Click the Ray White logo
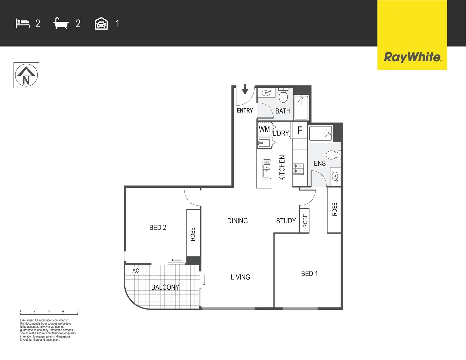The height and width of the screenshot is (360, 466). (412, 57)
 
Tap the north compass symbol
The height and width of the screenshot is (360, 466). (26, 75)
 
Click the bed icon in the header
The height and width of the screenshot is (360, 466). (23, 24)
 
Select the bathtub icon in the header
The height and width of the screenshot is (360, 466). (61, 24)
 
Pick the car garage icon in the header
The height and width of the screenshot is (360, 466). (101, 24)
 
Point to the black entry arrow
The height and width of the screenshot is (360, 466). (245, 89)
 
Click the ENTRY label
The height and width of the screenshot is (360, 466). (245, 111)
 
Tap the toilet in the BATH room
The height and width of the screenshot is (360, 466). (283, 96)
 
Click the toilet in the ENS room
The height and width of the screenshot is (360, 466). (332, 155)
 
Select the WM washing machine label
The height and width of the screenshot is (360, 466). (264, 129)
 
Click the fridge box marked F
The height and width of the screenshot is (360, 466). (300, 130)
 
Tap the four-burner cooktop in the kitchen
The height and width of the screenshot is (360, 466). (298, 169)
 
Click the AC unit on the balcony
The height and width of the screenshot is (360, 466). (136, 270)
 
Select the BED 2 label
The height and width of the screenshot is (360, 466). (158, 228)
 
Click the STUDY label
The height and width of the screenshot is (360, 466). (286, 221)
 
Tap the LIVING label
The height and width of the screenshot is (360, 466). (240, 277)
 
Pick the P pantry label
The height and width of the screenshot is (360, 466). (300, 144)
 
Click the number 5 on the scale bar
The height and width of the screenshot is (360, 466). (77, 311)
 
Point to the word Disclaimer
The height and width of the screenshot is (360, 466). (27, 320)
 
